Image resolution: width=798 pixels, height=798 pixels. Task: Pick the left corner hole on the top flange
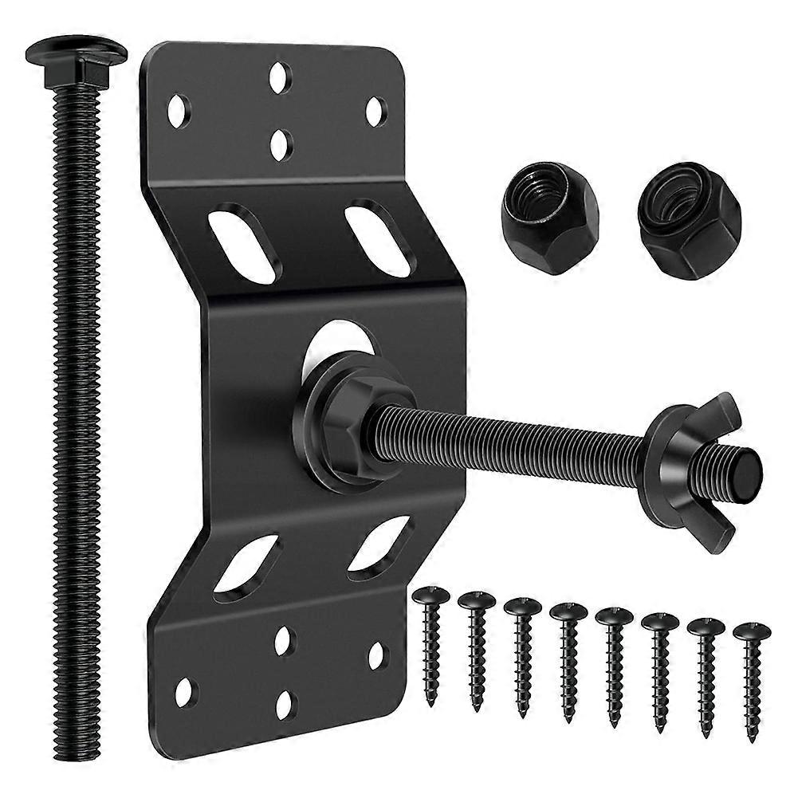pyautogui.click(x=179, y=111)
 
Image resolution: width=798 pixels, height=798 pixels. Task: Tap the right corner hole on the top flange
pyautogui.click(x=375, y=112)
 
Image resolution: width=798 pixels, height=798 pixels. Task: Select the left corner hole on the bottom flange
pyautogui.click(x=185, y=691)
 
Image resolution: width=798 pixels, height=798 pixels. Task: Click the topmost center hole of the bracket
pyautogui.click(x=279, y=77)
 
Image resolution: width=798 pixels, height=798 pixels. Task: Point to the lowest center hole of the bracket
pyautogui.click(x=285, y=706)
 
